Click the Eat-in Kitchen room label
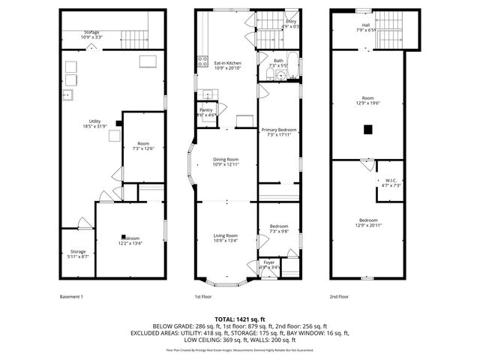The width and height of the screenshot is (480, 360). pyautogui.click(x=227, y=64)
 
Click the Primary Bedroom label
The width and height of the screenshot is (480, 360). pyautogui.click(x=279, y=132)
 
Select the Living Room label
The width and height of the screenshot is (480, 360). pyautogui.click(x=226, y=238)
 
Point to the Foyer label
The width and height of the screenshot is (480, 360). pyautogui.click(x=269, y=264)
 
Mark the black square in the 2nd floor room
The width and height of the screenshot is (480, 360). pyautogui.click(x=367, y=130)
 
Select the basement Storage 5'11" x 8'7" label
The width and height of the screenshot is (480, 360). pyautogui.click(x=79, y=254)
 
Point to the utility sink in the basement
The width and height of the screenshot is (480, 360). pyautogui.click(x=67, y=95)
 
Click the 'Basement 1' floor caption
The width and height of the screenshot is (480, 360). pyautogui.click(x=71, y=296)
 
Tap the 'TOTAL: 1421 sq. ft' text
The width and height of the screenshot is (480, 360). pyautogui.click(x=239, y=319)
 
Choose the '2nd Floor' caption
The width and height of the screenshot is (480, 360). pyautogui.click(x=339, y=296)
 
